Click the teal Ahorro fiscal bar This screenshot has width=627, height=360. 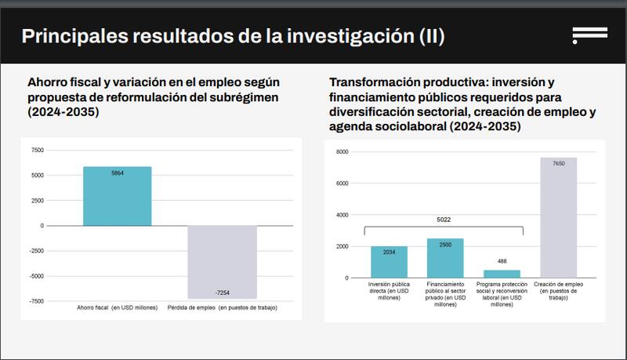pos(118,196)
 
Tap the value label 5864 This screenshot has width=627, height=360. pos(118,173)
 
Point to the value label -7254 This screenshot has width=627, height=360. pos(222,291)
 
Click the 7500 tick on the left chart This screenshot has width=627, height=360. pos(38,150)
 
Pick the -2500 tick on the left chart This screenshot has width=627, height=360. pos(36,251)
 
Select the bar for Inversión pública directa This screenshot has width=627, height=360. pos(390,262)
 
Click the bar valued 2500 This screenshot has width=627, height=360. pos(445,258)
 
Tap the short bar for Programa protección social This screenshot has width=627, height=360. pos(502,274)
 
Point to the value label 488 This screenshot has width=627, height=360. pos(502,261)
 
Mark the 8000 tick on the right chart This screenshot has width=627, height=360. pos(342,151)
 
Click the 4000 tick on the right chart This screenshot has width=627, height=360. pos(342,215)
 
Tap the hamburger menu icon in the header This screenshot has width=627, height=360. pos(589,35)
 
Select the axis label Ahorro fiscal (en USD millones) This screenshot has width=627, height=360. pos(117,307)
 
